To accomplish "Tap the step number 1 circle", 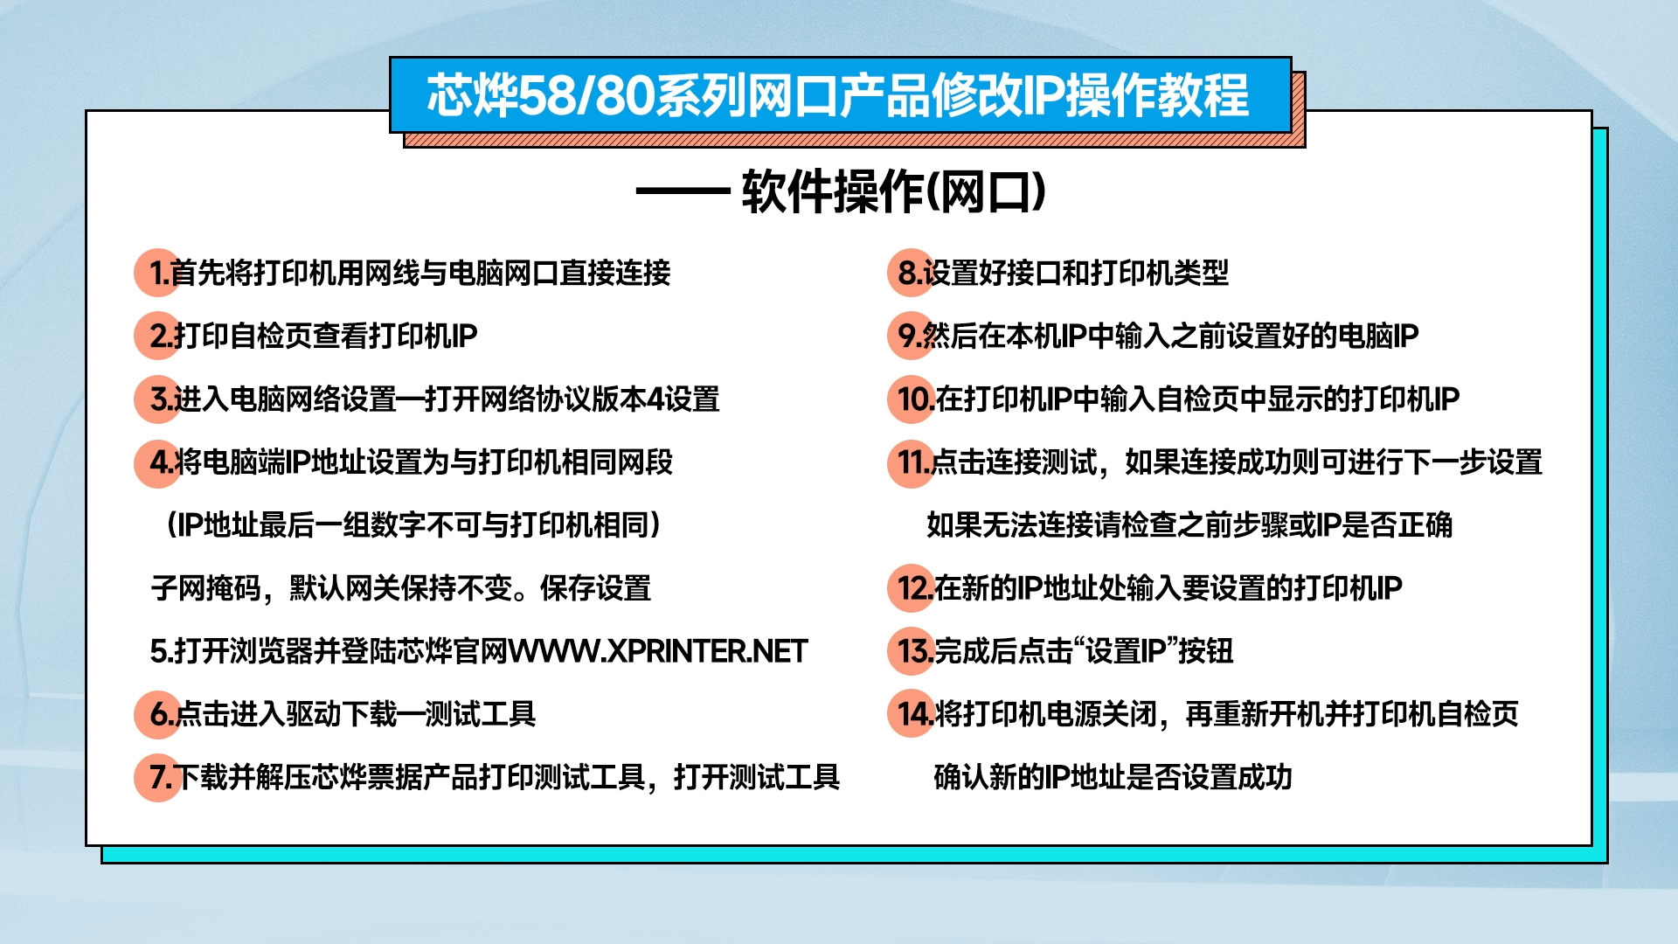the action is coord(158,273).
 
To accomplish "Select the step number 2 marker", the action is coord(158,336).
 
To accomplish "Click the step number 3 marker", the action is coord(158,399).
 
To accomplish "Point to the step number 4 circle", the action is coord(158,462).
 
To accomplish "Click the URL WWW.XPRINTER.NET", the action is coord(658,651).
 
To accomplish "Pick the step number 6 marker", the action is coord(158,714).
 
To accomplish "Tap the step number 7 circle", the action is coord(158,777).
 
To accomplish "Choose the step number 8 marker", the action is coord(912,273).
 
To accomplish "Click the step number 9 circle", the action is coord(912,336).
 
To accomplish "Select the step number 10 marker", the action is coord(912,399).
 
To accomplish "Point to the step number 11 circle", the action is coord(912,462).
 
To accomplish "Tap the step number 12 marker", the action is coord(912,588).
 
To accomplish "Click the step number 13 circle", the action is coord(912,651).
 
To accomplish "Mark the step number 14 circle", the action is coord(912,714).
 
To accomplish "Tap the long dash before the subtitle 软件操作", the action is coord(683,191).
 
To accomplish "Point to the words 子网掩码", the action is coord(206,588).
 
